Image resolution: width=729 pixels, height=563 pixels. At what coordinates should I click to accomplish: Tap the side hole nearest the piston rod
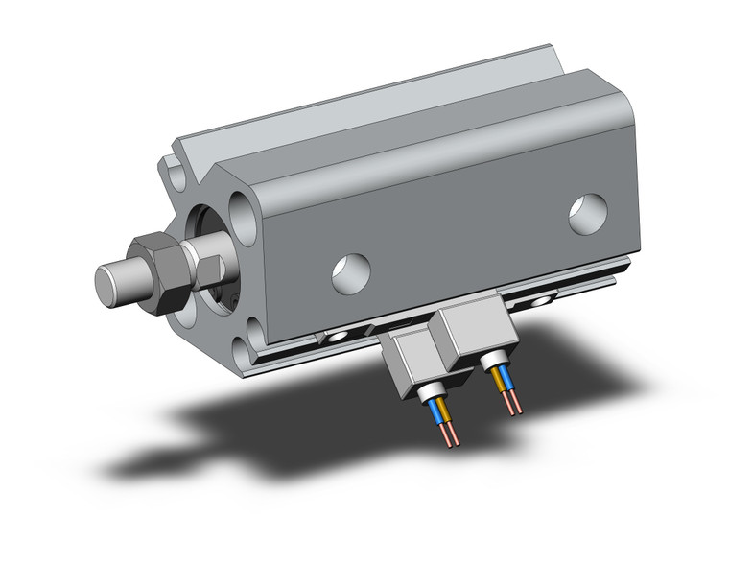click(x=351, y=273)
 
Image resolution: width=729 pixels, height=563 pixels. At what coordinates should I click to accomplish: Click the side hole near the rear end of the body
click(x=587, y=214)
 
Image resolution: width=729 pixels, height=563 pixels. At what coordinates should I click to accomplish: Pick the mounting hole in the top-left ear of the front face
click(x=176, y=174)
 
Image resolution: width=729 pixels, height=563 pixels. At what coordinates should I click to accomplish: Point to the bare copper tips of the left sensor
click(x=450, y=435)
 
